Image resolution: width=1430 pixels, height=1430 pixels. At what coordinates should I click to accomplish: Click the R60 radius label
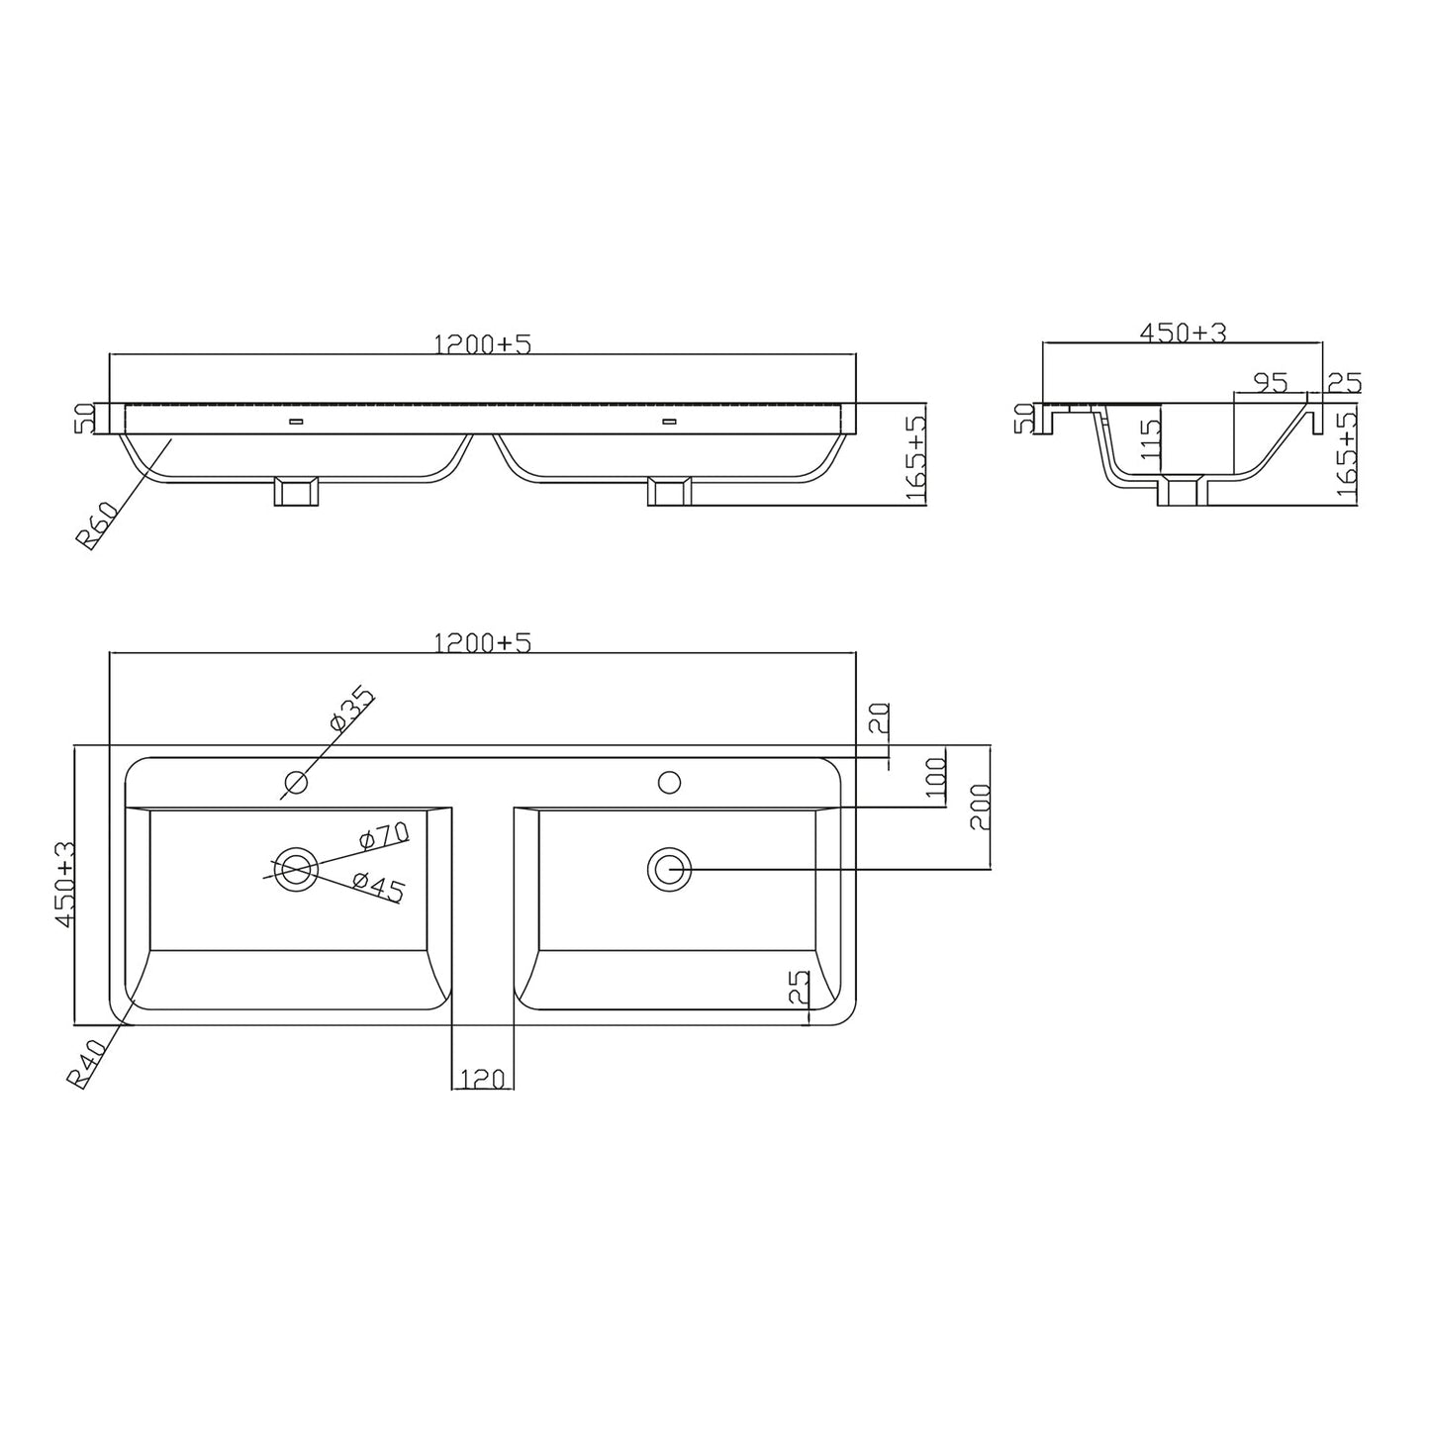pos(97,524)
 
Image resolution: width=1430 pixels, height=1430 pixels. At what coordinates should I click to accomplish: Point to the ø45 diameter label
pos(378,889)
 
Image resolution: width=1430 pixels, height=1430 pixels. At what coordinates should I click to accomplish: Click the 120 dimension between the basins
pos(483,1079)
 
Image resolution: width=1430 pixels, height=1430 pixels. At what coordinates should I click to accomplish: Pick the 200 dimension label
pos(980,807)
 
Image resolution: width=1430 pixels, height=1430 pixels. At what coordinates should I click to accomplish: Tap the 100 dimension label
pos(936,780)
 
